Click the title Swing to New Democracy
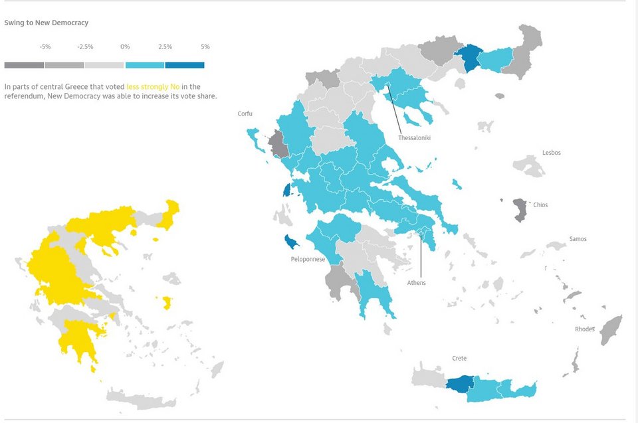[47, 23]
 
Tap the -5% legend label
[45, 47]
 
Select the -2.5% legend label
[85, 47]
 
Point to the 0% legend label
[125, 47]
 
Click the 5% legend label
[205, 47]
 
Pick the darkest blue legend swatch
[185, 65]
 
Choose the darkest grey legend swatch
[24, 65]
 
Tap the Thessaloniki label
[415, 138]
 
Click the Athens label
[417, 283]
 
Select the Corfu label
[245, 114]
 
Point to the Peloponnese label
[308, 260]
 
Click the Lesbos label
[552, 153]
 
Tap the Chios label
[540, 205]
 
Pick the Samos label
[578, 239]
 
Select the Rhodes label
[585, 329]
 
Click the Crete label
[459, 359]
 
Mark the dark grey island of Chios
[519, 209]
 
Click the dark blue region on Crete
[459, 384]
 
